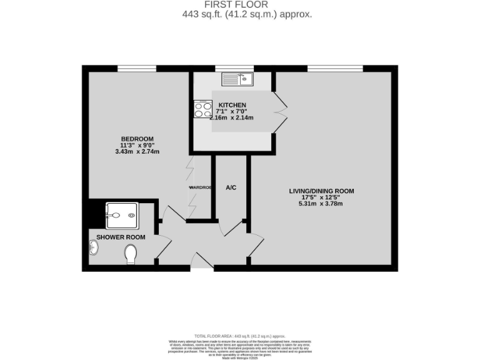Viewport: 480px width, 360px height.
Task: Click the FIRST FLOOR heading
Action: pos(239,4)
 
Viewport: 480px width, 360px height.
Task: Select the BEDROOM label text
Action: pos(137,139)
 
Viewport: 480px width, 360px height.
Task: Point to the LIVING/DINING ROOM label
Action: pos(321,191)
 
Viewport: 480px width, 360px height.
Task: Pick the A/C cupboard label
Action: pos(231,187)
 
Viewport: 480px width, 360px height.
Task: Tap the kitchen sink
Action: pos(237,79)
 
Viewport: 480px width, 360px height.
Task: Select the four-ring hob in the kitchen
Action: pos(203,110)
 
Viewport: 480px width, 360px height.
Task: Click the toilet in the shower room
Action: pos(131,254)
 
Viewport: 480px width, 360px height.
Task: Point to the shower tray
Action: pos(121,215)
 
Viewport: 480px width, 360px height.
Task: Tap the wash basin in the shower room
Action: pos(94,249)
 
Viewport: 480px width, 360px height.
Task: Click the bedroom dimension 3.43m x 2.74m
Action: pos(137,152)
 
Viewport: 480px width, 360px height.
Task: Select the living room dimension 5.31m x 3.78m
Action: pos(321,204)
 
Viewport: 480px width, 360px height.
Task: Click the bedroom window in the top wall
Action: pos(137,68)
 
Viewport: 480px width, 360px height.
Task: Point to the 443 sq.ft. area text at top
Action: pos(239,14)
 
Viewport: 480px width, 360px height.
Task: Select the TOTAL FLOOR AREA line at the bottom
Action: pos(239,336)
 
